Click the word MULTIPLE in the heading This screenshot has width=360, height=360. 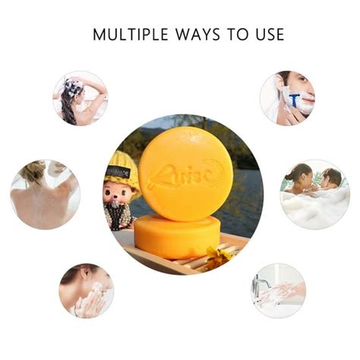pos(126,34)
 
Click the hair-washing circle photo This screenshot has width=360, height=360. pos(80,98)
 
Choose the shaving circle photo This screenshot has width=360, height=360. pos(286,98)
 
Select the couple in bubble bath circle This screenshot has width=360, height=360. pos(314,194)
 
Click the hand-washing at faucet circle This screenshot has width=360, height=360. pos(279,289)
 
